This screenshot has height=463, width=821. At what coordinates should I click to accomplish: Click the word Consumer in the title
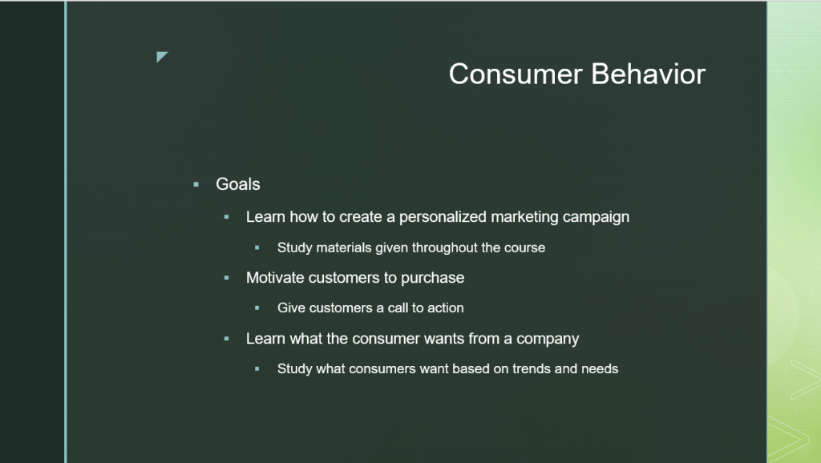(x=516, y=74)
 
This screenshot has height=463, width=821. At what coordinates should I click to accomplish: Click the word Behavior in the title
(x=648, y=74)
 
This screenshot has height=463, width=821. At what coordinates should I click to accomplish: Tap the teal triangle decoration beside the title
(x=161, y=56)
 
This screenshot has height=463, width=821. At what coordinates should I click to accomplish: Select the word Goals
(x=237, y=184)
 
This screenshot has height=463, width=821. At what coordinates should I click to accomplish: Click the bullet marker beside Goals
(x=196, y=184)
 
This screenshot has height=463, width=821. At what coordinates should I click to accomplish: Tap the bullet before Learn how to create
(x=226, y=216)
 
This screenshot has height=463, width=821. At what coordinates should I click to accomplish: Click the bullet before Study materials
(x=257, y=248)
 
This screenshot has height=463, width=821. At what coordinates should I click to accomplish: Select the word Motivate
(x=275, y=277)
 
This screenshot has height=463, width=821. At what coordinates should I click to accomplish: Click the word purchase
(x=432, y=278)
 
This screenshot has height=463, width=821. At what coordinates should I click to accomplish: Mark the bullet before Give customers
(x=257, y=308)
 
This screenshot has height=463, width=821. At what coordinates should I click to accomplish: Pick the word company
(x=548, y=339)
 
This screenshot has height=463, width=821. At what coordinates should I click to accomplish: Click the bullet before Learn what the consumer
(x=226, y=339)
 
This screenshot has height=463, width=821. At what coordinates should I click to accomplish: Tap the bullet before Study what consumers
(x=257, y=368)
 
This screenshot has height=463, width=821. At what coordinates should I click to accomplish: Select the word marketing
(x=524, y=217)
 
